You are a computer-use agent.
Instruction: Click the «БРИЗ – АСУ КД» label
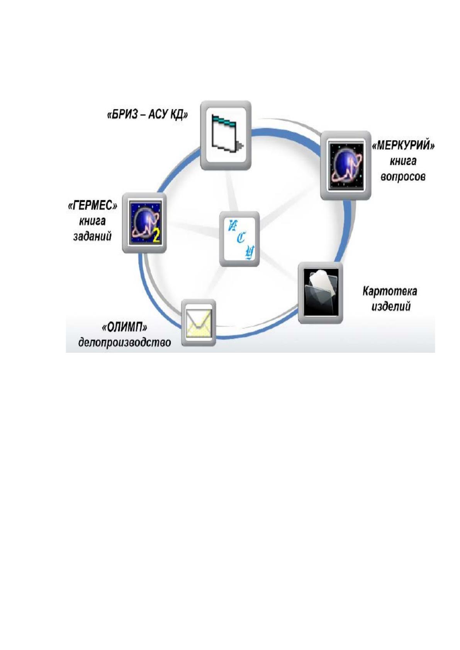148,115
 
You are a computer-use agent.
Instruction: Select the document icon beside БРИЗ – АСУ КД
226,135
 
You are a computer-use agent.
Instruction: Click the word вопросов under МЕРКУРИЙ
403,176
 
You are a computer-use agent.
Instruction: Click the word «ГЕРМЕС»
92,206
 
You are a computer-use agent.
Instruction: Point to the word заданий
92,237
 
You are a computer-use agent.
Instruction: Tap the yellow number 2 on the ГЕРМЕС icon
156,237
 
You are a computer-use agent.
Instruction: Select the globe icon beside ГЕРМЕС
144,223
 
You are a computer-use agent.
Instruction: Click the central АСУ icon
239,239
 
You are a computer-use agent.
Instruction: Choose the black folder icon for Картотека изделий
321,293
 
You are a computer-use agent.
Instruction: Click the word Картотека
389,291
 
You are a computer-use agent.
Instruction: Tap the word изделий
391,306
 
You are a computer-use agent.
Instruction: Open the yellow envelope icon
199,323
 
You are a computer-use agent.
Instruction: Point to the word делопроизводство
125,343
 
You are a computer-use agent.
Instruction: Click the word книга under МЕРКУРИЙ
403,161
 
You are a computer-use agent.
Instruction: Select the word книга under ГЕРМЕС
92,222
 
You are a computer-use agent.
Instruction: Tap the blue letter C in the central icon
241,239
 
